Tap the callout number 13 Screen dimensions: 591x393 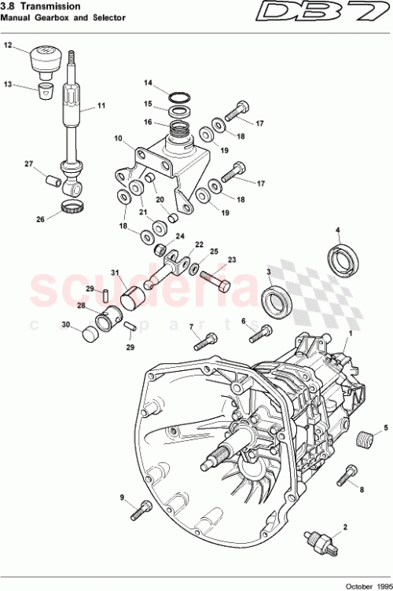[8, 83]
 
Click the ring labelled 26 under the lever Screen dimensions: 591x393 [73, 207]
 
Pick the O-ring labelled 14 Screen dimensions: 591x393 [180, 97]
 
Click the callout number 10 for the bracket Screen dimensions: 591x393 [119, 138]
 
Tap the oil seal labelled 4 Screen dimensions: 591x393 [343, 258]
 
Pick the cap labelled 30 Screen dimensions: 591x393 [90, 333]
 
